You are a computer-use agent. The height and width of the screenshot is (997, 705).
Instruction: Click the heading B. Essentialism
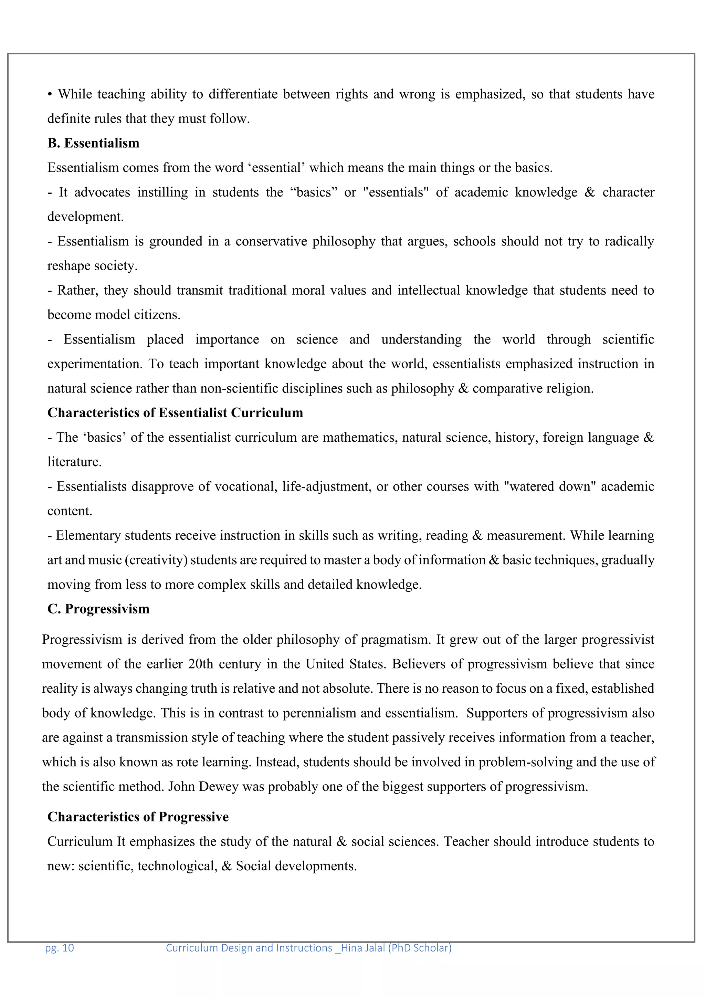coord(93,143)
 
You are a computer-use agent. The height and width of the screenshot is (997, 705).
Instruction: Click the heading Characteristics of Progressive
coord(138,817)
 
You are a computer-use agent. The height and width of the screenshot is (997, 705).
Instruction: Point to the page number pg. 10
coord(60,948)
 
